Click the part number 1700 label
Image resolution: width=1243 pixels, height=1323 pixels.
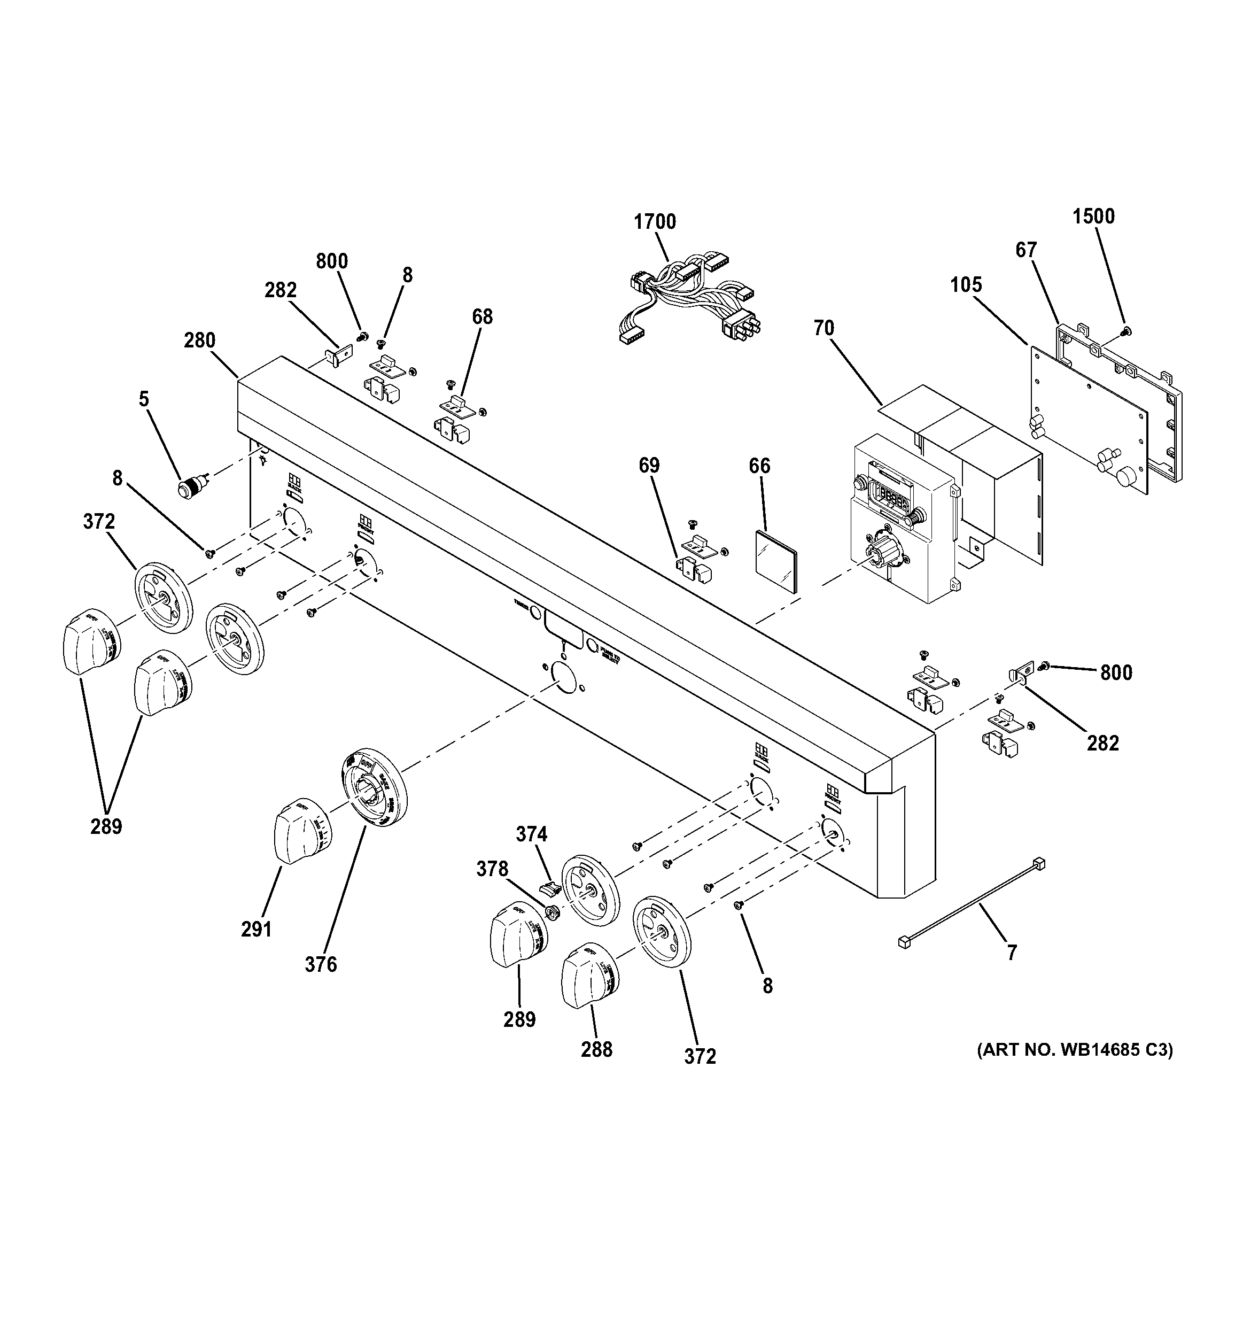click(x=655, y=222)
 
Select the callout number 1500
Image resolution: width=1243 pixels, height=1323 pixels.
click(x=1093, y=216)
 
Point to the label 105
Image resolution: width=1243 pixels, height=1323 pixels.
click(x=966, y=285)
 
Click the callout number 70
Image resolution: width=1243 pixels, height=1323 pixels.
click(x=823, y=328)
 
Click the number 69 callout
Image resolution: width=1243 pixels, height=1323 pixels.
click(x=649, y=466)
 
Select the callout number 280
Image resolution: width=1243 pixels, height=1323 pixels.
click(x=200, y=341)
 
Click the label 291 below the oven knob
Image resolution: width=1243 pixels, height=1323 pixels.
click(x=256, y=929)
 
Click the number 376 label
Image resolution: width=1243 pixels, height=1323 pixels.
click(x=321, y=964)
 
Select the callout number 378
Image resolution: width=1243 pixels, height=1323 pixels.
click(x=492, y=869)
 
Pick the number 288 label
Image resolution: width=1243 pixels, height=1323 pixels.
click(x=596, y=1049)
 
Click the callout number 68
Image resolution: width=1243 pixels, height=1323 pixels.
click(x=483, y=317)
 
